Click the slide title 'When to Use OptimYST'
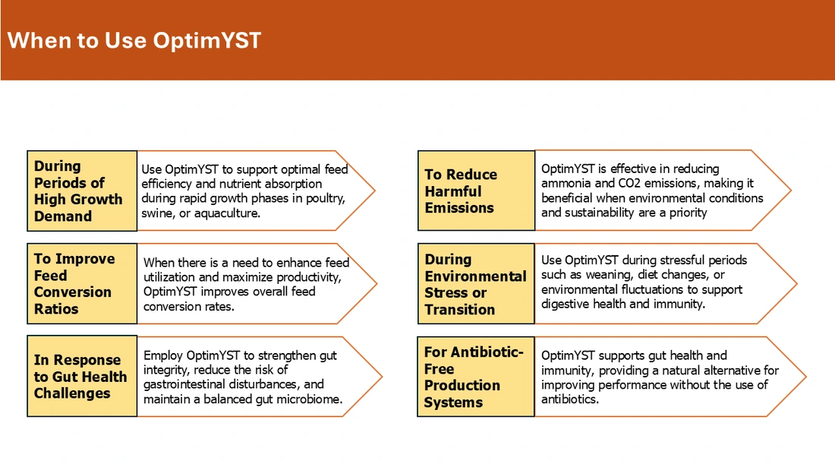point(134,40)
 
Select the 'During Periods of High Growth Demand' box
point(82,191)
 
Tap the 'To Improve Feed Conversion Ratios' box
point(82,283)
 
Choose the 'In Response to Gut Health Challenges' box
point(82,376)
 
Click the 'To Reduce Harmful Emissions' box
point(476,191)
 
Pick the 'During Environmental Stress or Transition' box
point(476,283)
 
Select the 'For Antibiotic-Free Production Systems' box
point(475,376)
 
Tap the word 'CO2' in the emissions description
point(629,183)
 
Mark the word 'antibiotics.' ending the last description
point(570,399)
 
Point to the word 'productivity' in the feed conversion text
point(310,278)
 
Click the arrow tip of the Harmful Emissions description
point(791,191)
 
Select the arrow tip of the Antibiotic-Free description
point(806,376)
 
